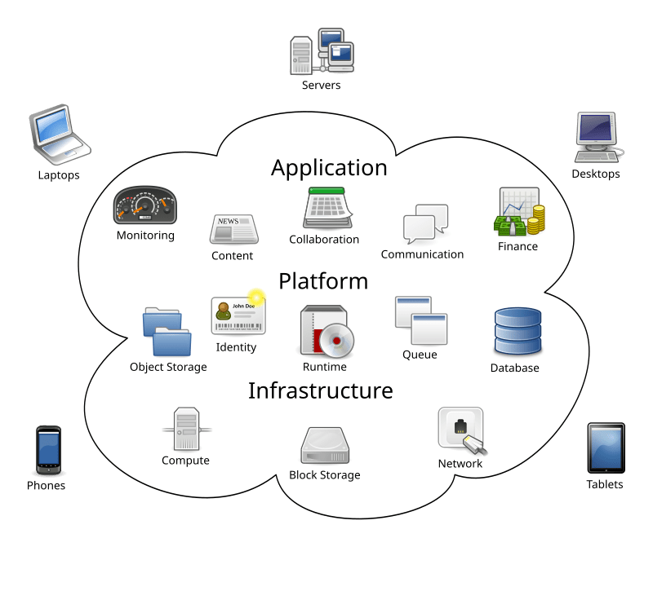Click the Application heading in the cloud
click(329, 168)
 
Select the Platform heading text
click(323, 281)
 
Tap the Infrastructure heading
click(320, 390)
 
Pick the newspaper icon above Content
click(233, 228)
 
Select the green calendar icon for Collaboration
click(328, 208)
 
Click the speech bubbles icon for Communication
click(425, 223)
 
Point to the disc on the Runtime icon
click(335, 342)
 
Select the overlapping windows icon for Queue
click(421, 320)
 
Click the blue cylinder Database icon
click(517, 331)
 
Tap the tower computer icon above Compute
click(185, 429)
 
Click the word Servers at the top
click(321, 86)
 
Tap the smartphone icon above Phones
click(47, 450)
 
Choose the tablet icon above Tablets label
click(606, 448)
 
